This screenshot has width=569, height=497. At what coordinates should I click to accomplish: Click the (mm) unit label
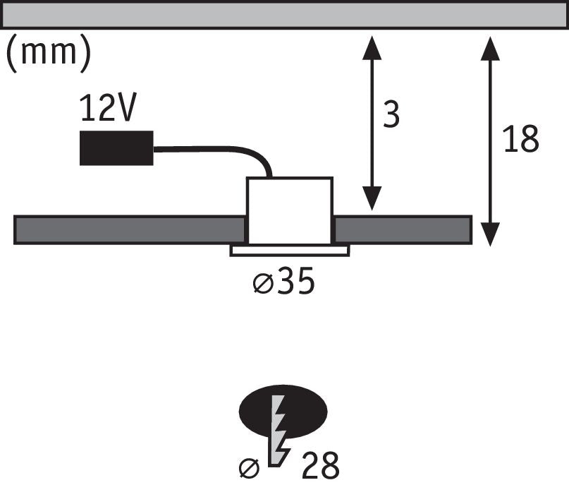pos(49,54)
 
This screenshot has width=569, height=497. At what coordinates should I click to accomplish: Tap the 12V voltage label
pos(108,108)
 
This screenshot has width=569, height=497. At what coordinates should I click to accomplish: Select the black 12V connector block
pos(116,148)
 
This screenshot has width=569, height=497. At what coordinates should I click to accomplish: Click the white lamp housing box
pos(290,210)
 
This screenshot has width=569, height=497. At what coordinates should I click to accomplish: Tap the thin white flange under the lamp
pos(290,251)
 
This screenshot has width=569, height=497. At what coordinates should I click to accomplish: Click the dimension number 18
pos(520,138)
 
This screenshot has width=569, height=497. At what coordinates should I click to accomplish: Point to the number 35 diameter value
pos(295,280)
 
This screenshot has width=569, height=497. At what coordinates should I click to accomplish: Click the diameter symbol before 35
pos(263,283)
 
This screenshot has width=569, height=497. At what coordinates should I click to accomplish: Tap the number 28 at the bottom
pos(320,465)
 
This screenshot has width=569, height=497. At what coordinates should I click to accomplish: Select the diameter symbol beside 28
pos(250,468)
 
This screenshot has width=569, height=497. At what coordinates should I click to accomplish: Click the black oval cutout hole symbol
pos(283,412)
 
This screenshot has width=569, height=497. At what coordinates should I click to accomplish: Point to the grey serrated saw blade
pos(279,431)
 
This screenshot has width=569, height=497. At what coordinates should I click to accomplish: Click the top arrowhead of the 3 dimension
pos(372,47)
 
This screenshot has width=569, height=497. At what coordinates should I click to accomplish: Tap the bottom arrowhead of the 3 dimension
pos(372,198)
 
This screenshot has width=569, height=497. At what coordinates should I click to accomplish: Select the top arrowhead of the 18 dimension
pos(490,48)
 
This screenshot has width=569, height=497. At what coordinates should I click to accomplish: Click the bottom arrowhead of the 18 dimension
pos(490,234)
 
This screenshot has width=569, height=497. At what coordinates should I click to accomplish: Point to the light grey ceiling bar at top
pos(285,15)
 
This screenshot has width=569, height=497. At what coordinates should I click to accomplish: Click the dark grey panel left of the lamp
pos(130,229)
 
